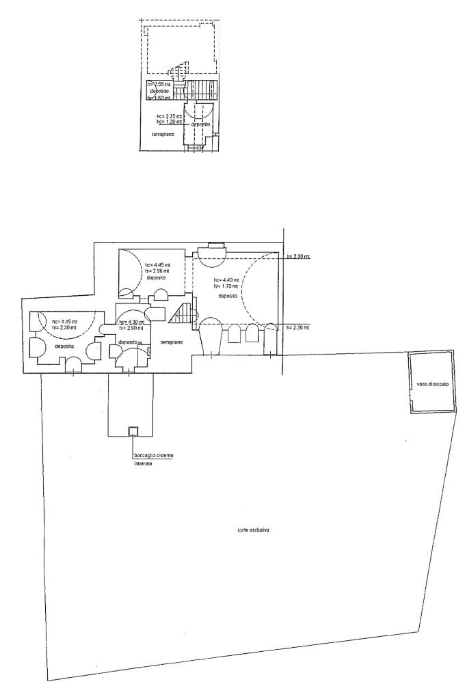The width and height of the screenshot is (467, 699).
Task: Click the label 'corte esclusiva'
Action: [249, 530]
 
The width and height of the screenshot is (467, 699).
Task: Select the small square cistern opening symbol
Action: [133, 430]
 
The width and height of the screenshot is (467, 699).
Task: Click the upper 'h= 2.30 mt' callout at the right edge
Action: [299, 256]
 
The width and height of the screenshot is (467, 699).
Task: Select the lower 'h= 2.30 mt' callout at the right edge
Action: [299, 328]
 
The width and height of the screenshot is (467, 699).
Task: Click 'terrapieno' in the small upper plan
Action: [163, 134]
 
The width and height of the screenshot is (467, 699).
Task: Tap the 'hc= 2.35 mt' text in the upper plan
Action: [170, 117]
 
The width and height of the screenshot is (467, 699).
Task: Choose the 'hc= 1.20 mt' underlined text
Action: [170, 122]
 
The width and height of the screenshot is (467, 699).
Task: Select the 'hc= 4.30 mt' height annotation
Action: [131, 322]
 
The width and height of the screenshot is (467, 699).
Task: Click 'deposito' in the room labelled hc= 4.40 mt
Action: [228, 297]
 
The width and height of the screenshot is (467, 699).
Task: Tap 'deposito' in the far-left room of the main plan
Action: [65, 346]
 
